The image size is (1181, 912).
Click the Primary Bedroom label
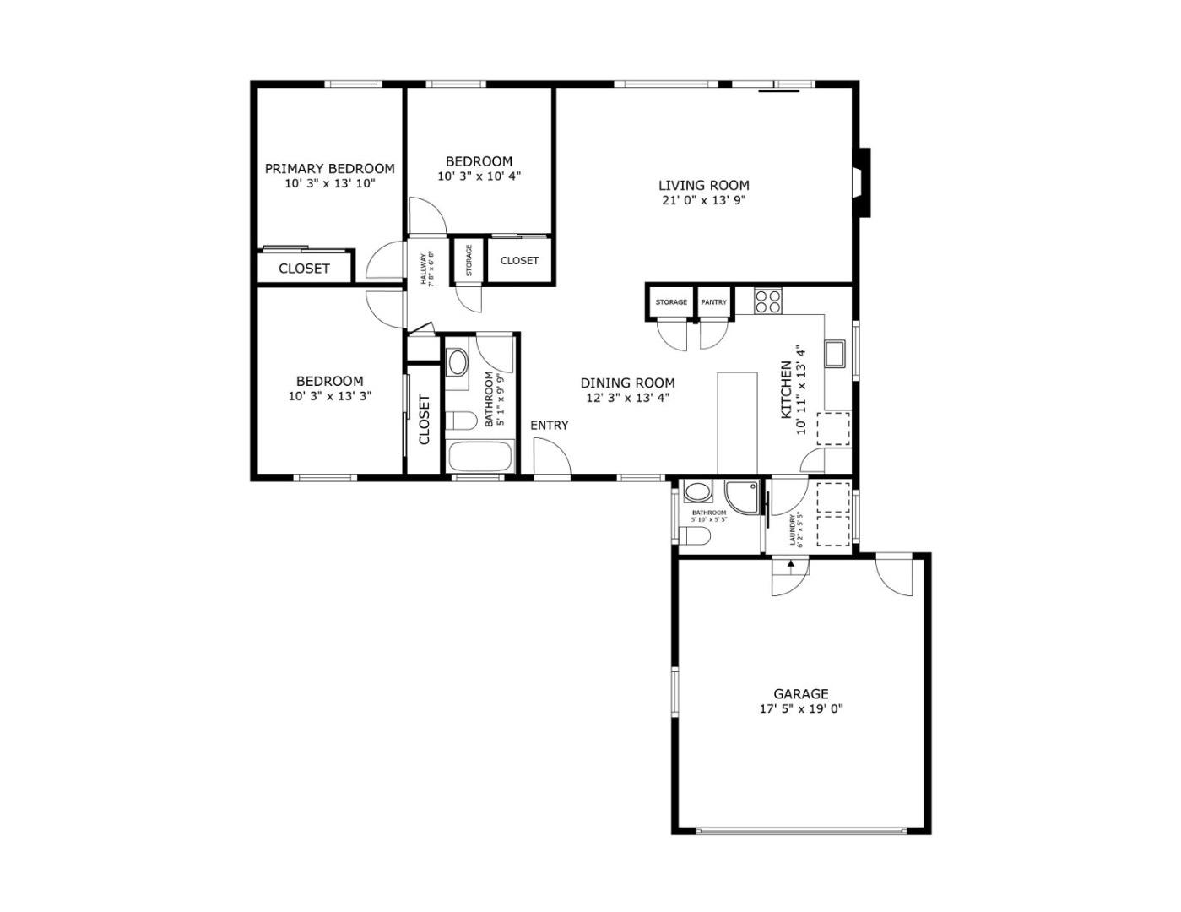point(329,169)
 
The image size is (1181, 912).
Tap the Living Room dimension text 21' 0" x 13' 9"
point(703,200)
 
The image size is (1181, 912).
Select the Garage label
point(800,694)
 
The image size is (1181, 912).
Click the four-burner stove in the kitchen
point(768,301)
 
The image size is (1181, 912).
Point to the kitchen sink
point(835,354)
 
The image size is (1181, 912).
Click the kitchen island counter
point(738,423)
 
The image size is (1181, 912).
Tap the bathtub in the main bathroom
point(479,457)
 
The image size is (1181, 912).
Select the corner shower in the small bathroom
point(742,497)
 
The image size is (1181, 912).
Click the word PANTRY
point(713,302)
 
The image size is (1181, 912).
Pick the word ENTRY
point(549,426)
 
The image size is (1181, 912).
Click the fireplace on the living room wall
point(861,182)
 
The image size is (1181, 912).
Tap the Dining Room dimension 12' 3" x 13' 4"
point(627,398)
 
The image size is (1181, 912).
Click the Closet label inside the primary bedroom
point(304,269)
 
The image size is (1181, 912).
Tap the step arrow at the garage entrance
point(791,565)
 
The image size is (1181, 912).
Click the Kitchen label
point(786,389)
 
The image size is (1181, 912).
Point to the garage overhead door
point(801,845)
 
